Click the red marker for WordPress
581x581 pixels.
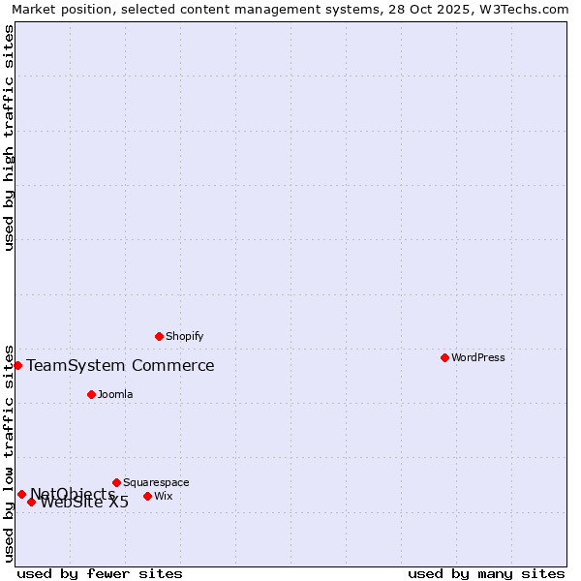(444, 357)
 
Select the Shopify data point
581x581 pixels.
(159, 336)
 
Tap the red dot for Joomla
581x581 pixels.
(91, 394)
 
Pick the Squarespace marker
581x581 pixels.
(116, 482)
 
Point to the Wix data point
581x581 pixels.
(147, 496)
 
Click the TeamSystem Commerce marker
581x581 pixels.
(17, 365)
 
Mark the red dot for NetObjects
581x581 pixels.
(21, 494)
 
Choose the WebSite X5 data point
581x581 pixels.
(31, 502)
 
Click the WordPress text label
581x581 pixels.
(477, 357)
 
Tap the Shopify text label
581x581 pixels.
(184, 336)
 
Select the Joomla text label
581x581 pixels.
(115, 394)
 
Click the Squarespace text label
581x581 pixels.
(156, 482)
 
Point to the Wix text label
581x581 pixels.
(163, 496)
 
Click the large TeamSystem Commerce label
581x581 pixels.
(120, 365)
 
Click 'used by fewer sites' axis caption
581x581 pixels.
(100, 573)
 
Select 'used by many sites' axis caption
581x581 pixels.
(486, 573)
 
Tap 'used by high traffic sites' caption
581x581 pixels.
(9, 137)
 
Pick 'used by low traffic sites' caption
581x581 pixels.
(9, 452)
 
